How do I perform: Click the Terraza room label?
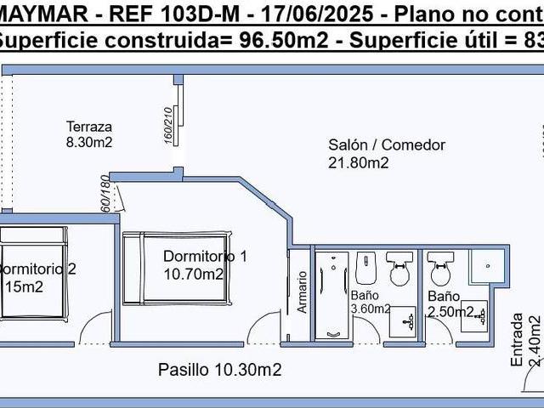click(89, 127)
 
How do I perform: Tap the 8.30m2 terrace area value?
click(89, 142)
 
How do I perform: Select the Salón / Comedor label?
click(387, 144)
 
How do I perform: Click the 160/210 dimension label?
click(168, 124)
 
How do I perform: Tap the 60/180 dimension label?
click(105, 194)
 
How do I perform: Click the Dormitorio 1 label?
click(205, 256)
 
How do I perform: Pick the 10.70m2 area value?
click(194, 273)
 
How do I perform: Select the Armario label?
click(302, 293)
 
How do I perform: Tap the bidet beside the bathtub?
click(365, 269)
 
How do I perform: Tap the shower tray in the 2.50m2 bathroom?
click(490, 267)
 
